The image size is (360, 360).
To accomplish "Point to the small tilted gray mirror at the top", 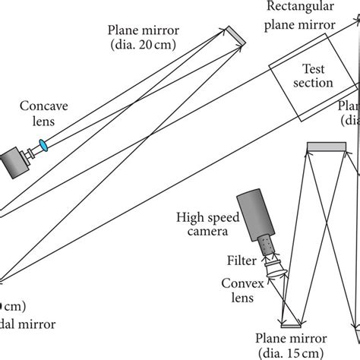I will (x=235, y=35).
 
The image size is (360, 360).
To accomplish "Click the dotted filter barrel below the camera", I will (x=264, y=245).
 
